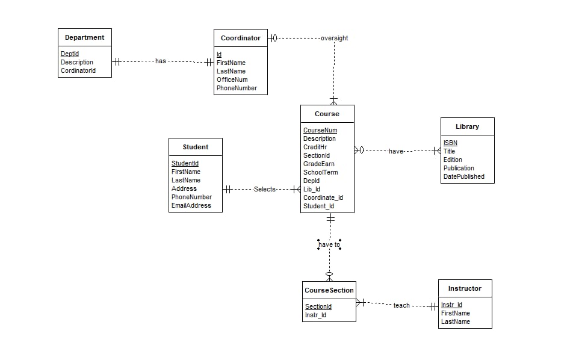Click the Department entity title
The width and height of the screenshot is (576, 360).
tap(84, 37)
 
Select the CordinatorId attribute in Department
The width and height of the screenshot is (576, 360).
tap(78, 70)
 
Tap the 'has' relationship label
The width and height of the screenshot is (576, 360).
tap(161, 61)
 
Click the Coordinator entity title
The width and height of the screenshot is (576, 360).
tap(240, 38)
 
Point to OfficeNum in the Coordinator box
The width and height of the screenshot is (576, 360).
tap(232, 79)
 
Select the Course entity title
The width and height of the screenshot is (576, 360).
tap(327, 114)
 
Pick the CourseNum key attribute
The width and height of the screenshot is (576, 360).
tap(320, 130)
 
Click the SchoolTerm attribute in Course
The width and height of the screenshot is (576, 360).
tap(320, 172)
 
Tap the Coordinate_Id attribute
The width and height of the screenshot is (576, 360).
tap(323, 197)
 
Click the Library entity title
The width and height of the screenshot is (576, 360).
tap(467, 126)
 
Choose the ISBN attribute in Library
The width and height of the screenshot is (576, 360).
tap(450, 143)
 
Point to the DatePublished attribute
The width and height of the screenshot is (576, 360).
tap(464, 176)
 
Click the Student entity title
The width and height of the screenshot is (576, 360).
tap(196, 147)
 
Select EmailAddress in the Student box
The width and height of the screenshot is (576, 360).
tap(191, 205)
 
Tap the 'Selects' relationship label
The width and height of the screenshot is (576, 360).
tap(264, 189)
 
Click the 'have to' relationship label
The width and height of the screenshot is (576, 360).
tap(329, 244)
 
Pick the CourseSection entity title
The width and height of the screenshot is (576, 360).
tap(329, 290)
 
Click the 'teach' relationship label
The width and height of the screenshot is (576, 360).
tap(401, 305)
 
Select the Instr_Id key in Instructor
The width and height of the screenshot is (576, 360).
tap(451, 305)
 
